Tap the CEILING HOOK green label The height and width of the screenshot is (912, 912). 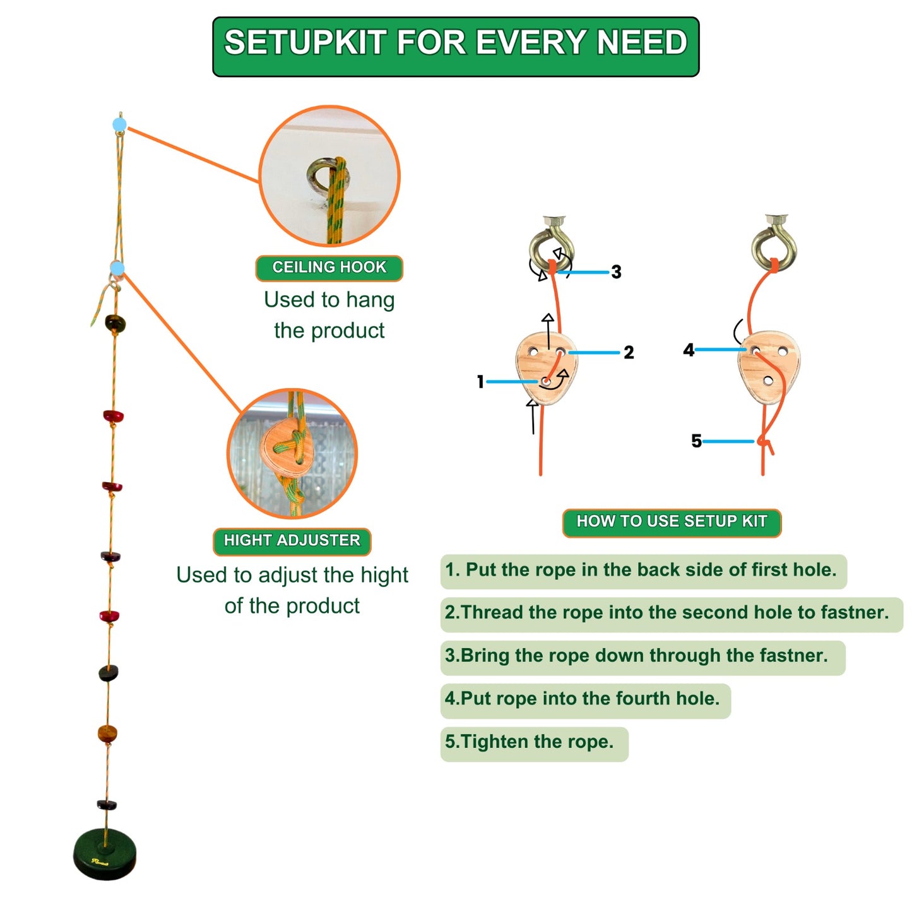pyautogui.click(x=329, y=268)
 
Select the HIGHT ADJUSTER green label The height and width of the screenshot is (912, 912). pyautogui.click(x=292, y=541)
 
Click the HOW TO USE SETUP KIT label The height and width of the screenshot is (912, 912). pyautogui.click(x=672, y=522)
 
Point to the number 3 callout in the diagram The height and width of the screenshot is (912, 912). pyautogui.click(x=616, y=272)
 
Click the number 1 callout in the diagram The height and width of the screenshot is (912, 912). pyautogui.click(x=480, y=381)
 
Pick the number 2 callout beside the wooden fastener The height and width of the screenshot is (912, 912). pyautogui.click(x=629, y=352)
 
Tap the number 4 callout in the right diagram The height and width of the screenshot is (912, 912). pyautogui.click(x=688, y=350)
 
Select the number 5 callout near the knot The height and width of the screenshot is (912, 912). pyautogui.click(x=696, y=441)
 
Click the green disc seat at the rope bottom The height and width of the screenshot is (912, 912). pyautogui.click(x=105, y=853)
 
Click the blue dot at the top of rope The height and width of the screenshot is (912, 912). pyautogui.click(x=119, y=124)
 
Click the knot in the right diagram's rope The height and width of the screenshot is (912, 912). pyautogui.click(x=764, y=441)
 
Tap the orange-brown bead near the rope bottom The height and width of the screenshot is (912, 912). pyautogui.click(x=107, y=734)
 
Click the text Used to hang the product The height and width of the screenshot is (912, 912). pyautogui.click(x=329, y=315)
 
